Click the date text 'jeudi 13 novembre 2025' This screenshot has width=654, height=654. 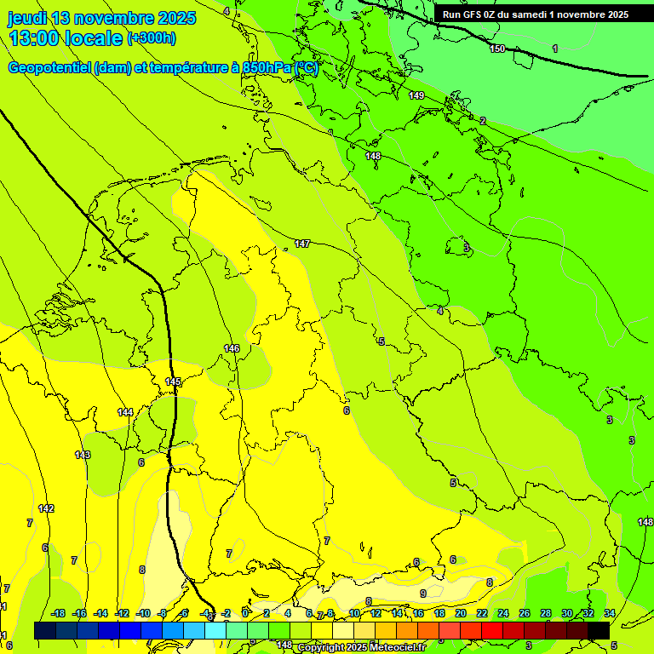coord(101,18)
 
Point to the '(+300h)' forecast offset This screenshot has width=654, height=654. coord(152,37)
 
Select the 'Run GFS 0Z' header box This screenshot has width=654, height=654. coord(535,14)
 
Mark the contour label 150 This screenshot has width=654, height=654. coord(497,49)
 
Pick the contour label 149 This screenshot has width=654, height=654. coord(416,95)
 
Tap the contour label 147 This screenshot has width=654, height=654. coord(302,244)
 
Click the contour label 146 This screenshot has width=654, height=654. coord(232,348)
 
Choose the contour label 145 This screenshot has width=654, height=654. coord(173,381)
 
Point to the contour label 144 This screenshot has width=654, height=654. coord(125,412)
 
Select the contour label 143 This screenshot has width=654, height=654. coord(83,456)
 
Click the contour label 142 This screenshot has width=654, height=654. coord(46,508)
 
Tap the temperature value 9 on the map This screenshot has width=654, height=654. coord(422,594)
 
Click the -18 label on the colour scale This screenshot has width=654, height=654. coord(58,613)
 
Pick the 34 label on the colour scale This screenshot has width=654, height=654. coord(609,613)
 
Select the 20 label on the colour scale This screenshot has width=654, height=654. coord(460,613)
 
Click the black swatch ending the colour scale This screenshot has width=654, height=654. coord(598,630)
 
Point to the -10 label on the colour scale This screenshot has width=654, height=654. coord(143,613)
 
